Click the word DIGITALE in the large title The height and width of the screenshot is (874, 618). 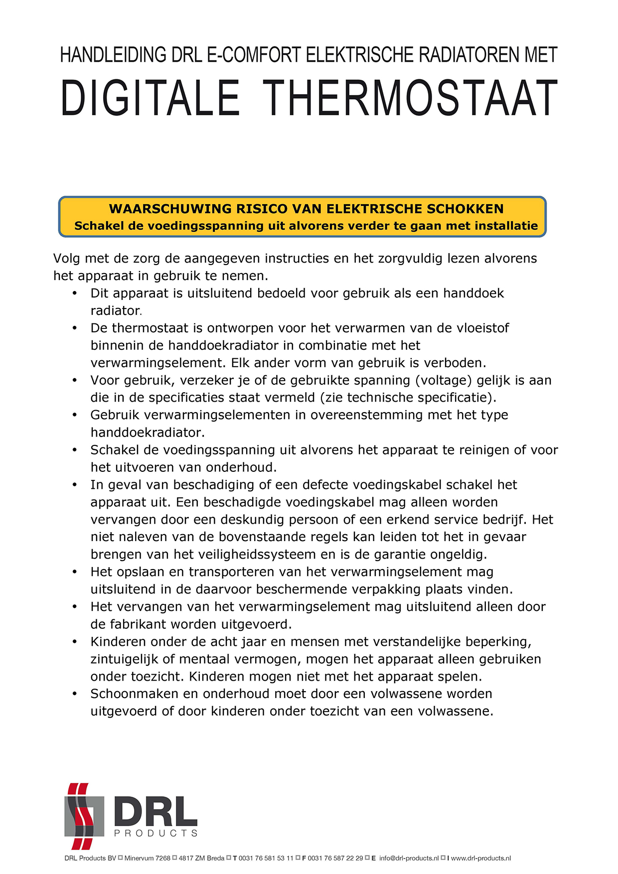coord(150,98)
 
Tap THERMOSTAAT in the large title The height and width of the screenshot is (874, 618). coord(410,98)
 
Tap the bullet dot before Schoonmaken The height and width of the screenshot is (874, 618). coord(75,694)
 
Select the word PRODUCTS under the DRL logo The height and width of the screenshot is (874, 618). coord(156,833)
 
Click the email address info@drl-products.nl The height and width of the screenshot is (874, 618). coord(409,858)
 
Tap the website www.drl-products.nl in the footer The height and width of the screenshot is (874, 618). coord(481,858)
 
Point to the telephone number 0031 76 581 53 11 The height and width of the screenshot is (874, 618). coord(266,858)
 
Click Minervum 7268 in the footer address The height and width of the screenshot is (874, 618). coord(148,858)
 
